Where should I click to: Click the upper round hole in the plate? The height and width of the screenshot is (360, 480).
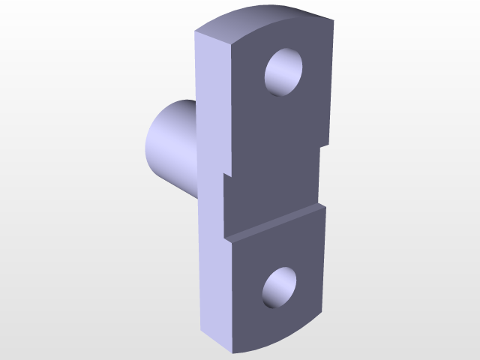pos(285,72)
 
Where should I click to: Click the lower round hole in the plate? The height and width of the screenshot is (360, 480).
pos(280,288)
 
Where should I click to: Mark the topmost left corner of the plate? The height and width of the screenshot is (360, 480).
pos(196,32)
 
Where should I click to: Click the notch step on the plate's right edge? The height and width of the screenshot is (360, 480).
pos(324,146)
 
